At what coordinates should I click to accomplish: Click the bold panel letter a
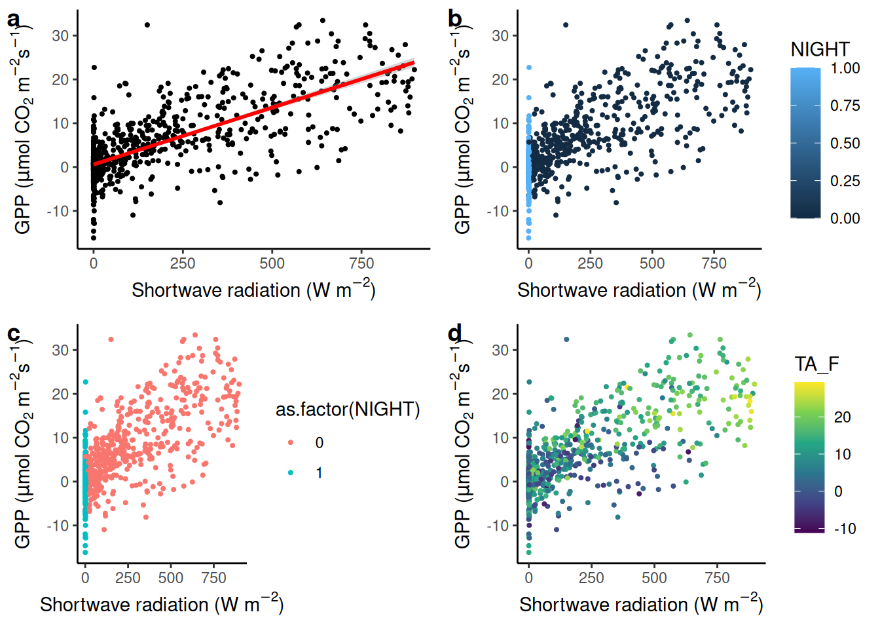(13, 20)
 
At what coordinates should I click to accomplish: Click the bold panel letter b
(455, 20)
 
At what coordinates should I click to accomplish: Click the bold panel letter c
(13, 334)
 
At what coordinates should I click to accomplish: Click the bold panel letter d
(455, 334)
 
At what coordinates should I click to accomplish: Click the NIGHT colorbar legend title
(820, 50)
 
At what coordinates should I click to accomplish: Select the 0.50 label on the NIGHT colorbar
(845, 143)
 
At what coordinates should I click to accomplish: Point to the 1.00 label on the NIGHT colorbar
(845, 68)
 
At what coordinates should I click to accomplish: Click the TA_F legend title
(816, 364)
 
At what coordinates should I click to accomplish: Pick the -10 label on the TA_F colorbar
(845, 529)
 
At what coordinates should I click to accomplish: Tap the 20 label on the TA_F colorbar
(842, 417)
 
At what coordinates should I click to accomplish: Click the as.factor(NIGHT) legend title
(348, 410)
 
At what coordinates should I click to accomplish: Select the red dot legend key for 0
(291, 443)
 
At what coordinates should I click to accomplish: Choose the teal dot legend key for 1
(291, 472)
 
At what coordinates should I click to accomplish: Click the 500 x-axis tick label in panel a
(272, 263)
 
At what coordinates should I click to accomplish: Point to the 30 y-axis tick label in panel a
(61, 35)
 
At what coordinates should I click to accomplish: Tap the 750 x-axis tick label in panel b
(714, 263)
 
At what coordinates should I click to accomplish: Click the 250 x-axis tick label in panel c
(128, 578)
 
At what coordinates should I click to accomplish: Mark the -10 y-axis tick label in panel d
(500, 525)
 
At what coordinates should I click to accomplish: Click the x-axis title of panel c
(161, 604)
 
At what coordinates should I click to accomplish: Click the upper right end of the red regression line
(413, 63)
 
